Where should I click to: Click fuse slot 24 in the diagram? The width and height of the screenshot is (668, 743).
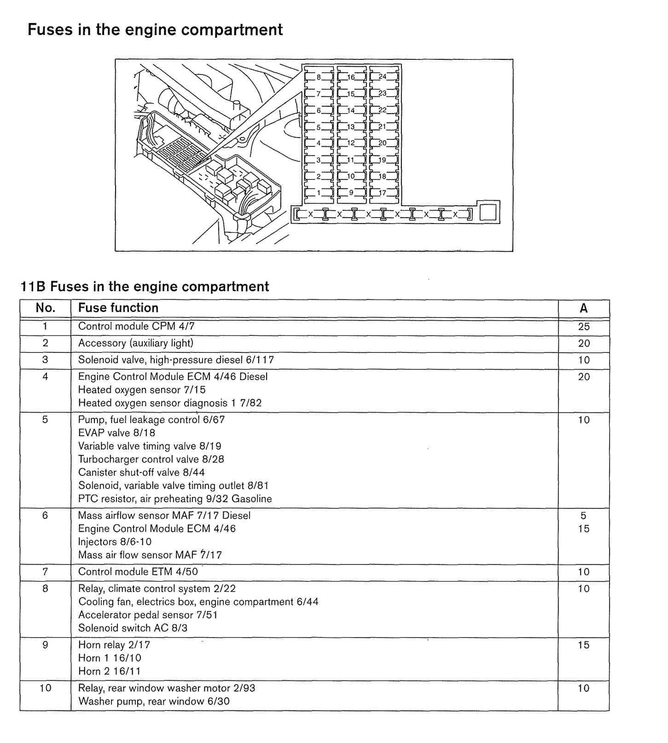click(x=383, y=77)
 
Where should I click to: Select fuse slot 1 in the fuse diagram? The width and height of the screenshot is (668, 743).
click(x=318, y=193)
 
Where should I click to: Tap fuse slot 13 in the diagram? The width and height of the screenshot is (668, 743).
click(x=351, y=127)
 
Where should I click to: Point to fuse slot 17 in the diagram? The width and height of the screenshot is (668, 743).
click(x=383, y=193)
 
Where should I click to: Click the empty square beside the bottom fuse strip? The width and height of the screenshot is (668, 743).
click(x=488, y=213)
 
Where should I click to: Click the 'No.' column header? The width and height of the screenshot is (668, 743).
click(x=45, y=308)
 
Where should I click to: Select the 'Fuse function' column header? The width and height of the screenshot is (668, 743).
click(x=118, y=308)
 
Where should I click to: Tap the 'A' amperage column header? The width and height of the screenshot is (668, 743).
click(x=583, y=308)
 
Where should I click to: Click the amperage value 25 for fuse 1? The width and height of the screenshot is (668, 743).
click(x=584, y=327)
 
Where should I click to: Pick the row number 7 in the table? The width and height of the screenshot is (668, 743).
click(x=45, y=572)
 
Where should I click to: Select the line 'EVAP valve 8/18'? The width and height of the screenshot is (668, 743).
click(x=116, y=433)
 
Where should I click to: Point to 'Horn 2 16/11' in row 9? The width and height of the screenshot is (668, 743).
click(x=110, y=671)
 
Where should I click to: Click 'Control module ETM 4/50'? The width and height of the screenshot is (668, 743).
click(x=138, y=572)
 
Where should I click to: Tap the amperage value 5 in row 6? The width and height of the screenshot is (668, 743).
click(x=583, y=516)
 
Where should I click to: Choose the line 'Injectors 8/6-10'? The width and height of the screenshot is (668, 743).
click(x=115, y=542)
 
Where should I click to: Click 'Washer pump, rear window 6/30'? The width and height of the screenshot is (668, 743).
click(x=154, y=702)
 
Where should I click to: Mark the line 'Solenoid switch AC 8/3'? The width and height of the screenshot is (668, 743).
click(x=133, y=628)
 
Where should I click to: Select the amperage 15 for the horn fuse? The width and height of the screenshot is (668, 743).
click(x=584, y=645)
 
